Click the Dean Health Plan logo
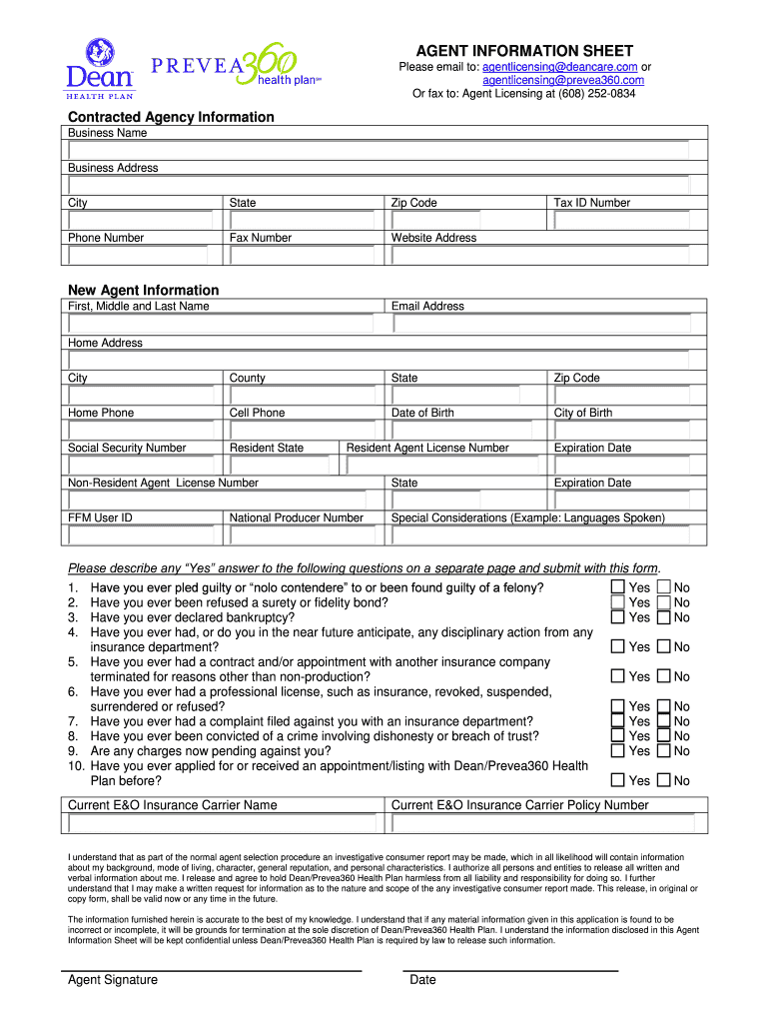click(x=99, y=68)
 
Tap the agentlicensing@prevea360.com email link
click(x=563, y=80)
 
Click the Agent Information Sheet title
click(x=524, y=51)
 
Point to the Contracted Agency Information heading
click(x=171, y=117)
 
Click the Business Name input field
click(x=378, y=150)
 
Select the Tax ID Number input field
click(x=628, y=220)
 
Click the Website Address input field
click(x=547, y=255)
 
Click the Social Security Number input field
click(x=142, y=465)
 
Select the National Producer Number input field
click(x=304, y=534)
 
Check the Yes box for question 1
click(x=618, y=587)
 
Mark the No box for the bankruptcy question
click(x=664, y=617)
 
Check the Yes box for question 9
click(x=618, y=750)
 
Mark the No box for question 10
click(x=664, y=780)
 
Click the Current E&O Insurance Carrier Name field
click(x=223, y=823)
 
